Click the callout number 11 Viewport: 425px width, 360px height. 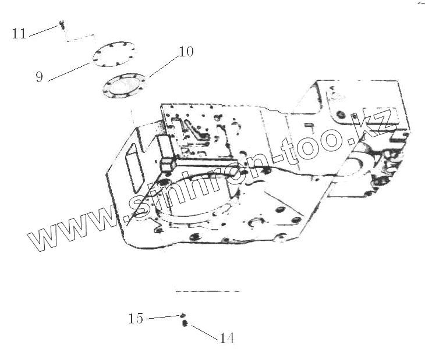point(19,33)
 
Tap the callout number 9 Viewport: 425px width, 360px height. point(40,76)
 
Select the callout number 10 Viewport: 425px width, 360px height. point(185,52)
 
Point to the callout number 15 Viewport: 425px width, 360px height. point(136,319)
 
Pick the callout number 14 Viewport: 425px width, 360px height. point(226,338)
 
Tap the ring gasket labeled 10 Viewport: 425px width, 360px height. point(124,87)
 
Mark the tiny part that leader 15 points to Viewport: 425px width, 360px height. point(182,315)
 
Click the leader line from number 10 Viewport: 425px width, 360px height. point(163,65)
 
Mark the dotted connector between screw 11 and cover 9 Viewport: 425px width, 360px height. point(79,38)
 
